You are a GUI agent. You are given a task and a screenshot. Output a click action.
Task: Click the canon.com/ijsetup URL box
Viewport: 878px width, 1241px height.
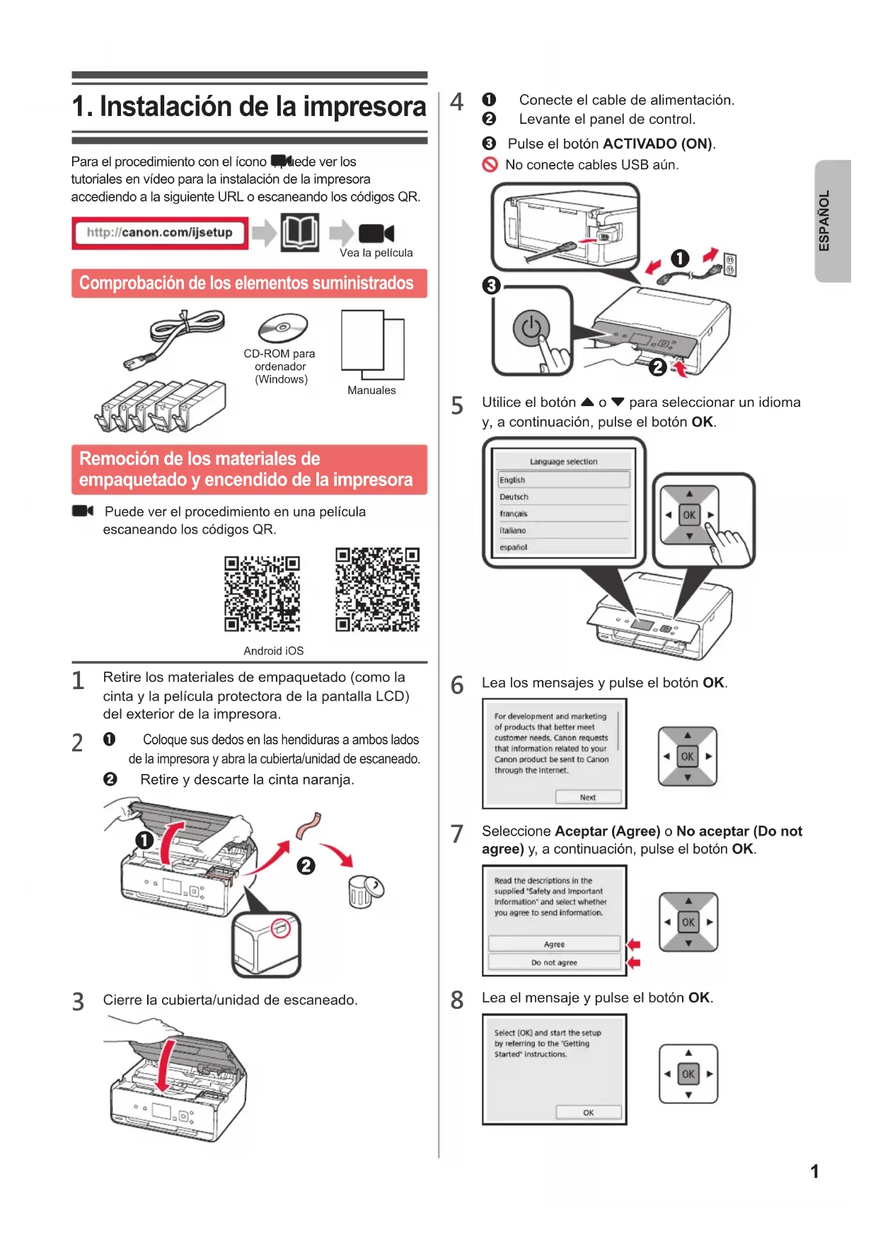(160, 233)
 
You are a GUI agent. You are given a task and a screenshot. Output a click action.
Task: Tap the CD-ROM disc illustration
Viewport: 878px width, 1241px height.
(283, 328)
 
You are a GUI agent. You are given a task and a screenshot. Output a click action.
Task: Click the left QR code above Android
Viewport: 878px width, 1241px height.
(262, 594)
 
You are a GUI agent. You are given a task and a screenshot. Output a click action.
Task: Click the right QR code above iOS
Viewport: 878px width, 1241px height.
(377, 589)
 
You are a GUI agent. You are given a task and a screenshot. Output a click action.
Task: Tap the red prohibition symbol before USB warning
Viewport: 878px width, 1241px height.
(490, 165)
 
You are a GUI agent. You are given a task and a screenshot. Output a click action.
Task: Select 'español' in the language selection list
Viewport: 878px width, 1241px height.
(514, 547)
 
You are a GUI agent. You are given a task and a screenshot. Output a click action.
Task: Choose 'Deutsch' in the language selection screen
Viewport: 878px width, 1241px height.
(514, 497)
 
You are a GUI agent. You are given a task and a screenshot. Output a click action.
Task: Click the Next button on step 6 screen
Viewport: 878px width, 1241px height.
(588, 797)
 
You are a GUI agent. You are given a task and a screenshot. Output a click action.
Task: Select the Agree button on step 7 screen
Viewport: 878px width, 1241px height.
(554, 944)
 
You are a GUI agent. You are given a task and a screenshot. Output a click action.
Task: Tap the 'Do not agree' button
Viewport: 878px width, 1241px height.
(554, 962)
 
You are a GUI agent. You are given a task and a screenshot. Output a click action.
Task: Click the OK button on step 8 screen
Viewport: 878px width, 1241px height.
(588, 1112)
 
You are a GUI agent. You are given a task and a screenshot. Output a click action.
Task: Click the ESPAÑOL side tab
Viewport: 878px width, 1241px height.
(832, 221)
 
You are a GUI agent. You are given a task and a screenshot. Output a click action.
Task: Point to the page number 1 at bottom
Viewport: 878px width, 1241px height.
(814, 1172)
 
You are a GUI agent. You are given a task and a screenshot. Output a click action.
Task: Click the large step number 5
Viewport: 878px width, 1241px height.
(457, 406)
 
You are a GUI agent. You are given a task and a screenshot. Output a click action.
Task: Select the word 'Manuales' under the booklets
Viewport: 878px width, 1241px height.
(371, 391)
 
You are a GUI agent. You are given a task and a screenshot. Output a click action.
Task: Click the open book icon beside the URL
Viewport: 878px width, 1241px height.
(300, 232)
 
